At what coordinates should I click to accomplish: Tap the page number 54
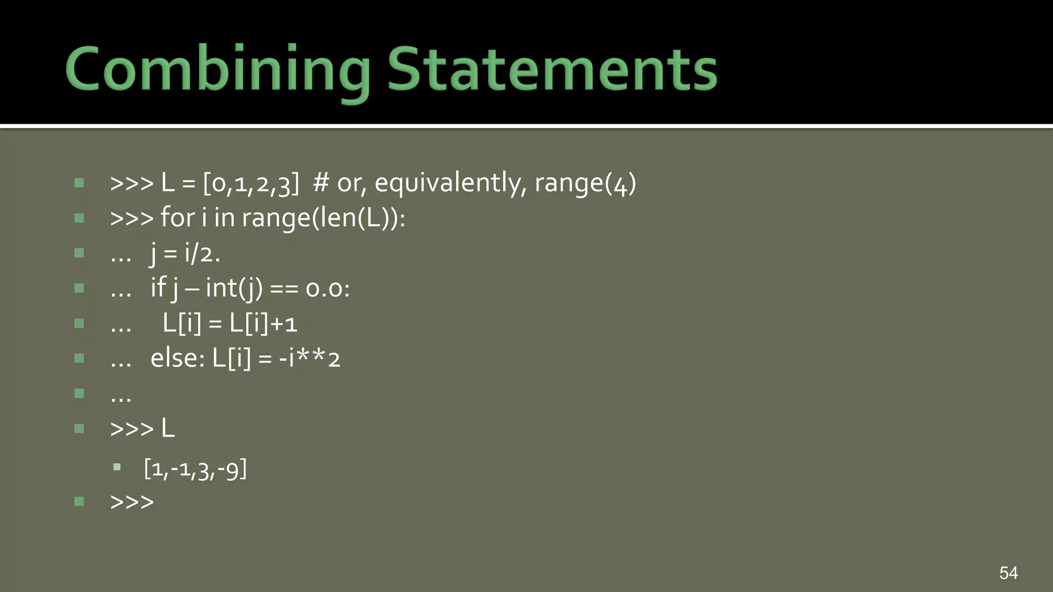pyautogui.click(x=1008, y=572)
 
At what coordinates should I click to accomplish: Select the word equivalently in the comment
pyautogui.click(x=448, y=183)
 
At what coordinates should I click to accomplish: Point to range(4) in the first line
pyautogui.click(x=585, y=183)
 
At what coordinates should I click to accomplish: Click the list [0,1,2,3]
pyautogui.click(x=251, y=183)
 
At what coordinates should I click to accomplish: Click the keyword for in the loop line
pyautogui.click(x=177, y=217)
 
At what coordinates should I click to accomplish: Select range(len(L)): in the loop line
pyautogui.click(x=323, y=218)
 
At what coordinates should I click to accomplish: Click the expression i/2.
pyautogui.click(x=202, y=253)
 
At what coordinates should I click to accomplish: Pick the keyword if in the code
pyautogui.click(x=158, y=287)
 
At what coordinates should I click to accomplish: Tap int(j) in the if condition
pyautogui.click(x=234, y=288)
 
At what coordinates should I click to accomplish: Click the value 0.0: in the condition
pyautogui.click(x=328, y=288)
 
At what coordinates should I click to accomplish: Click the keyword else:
pyautogui.click(x=177, y=358)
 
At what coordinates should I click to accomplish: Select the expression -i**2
pyautogui.click(x=310, y=358)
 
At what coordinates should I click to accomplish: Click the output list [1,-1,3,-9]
pyautogui.click(x=195, y=469)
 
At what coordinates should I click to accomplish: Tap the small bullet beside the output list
pyautogui.click(x=117, y=468)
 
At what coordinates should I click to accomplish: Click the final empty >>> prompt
pyautogui.click(x=132, y=502)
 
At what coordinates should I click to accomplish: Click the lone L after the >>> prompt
pyautogui.click(x=168, y=429)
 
